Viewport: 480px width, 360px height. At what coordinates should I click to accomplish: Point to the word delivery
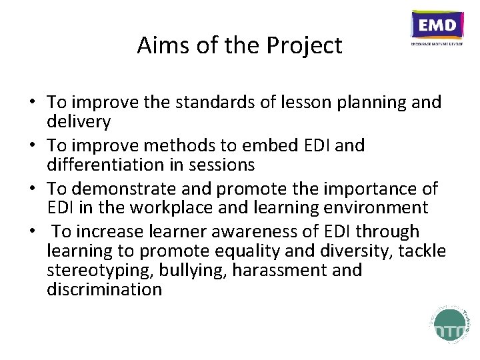click(79, 121)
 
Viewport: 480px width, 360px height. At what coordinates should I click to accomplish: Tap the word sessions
click(221, 164)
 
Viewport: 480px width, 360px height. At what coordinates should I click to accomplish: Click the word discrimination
click(104, 289)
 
